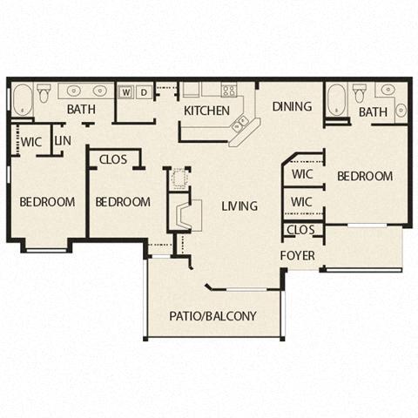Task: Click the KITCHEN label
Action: coord(206,111)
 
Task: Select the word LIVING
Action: coord(239,206)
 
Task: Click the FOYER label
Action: coord(297,255)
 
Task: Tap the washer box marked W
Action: coord(126,91)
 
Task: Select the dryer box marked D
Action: coord(144,91)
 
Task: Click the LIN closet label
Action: coord(62,140)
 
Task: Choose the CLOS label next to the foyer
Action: coord(300,231)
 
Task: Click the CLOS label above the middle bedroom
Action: coord(113,159)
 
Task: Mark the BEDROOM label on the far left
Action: coord(47,202)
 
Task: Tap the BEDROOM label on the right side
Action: coord(364,176)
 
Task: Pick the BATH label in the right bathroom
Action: coord(373,112)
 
